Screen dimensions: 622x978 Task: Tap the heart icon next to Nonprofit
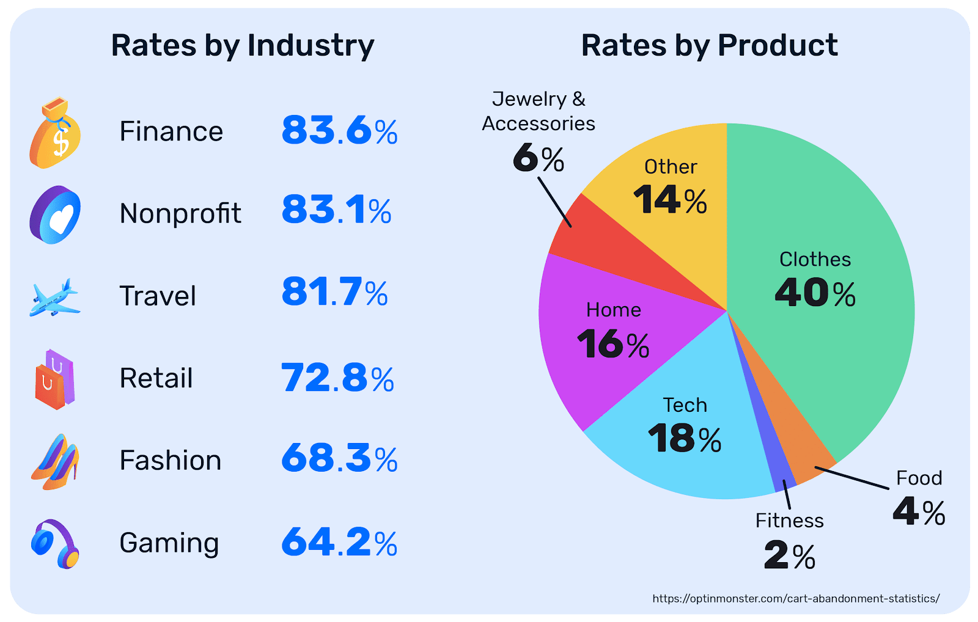tap(55, 215)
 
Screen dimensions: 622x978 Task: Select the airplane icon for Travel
tap(54, 298)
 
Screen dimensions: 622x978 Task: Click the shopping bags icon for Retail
tap(55, 379)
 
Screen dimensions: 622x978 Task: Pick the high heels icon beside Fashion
tap(56, 462)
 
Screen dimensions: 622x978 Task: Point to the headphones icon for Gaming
tap(55, 544)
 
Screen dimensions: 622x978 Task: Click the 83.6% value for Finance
tap(339, 131)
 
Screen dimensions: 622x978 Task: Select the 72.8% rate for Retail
tap(337, 378)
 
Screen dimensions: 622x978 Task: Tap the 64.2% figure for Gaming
tap(339, 543)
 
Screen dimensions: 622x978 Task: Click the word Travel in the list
tap(158, 296)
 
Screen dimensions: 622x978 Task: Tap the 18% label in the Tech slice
tap(685, 439)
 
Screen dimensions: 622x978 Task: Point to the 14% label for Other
tap(670, 200)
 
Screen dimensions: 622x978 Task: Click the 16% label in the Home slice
tap(613, 345)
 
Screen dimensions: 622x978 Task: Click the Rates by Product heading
tap(709, 45)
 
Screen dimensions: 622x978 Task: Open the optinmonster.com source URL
tap(796, 599)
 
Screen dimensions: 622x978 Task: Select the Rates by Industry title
tap(242, 45)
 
